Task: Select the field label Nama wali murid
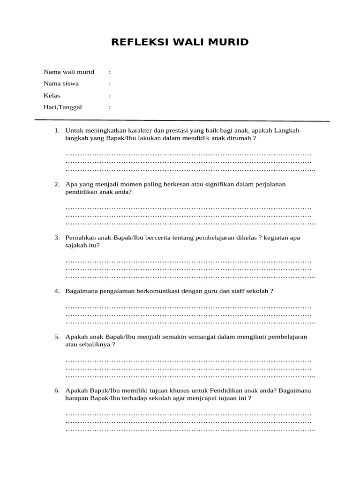point(69,72)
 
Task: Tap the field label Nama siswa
point(61,83)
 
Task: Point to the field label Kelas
point(52,95)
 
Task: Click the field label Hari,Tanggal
point(63,107)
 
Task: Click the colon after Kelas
point(110,95)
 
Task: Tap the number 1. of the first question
point(57,131)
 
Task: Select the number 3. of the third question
point(57,238)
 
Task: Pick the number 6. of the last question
point(57,390)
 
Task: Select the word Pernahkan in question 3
point(80,238)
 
